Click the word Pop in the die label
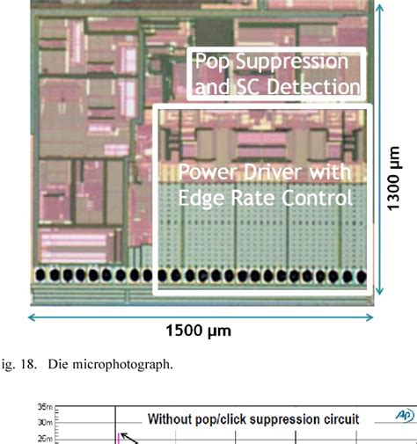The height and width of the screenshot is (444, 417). click(211, 62)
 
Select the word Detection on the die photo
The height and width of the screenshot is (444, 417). click(314, 86)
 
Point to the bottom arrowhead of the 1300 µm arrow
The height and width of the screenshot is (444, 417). click(380, 298)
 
